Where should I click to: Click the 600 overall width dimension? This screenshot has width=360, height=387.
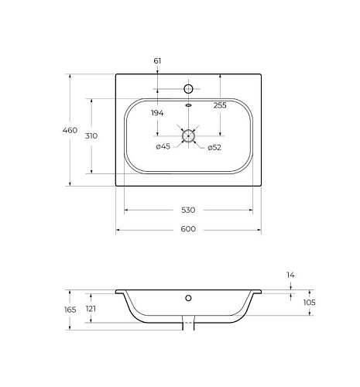[x=188, y=229]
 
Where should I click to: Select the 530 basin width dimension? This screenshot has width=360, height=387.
[x=188, y=210]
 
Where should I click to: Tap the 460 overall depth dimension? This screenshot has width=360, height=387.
[x=70, y=130]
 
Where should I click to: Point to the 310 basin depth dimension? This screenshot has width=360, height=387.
[x=91, y=135]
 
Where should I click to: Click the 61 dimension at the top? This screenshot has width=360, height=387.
[x=157, y=61]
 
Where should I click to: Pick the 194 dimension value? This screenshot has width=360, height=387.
[x=157, y=113]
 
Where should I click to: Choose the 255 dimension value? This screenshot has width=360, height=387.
[x=220, y=105]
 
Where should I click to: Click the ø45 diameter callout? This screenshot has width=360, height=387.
[x=163, y=146]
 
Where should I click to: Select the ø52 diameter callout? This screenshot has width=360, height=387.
[x=214, y=148]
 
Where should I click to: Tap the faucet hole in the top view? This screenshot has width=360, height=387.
[x=188, y=89]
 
